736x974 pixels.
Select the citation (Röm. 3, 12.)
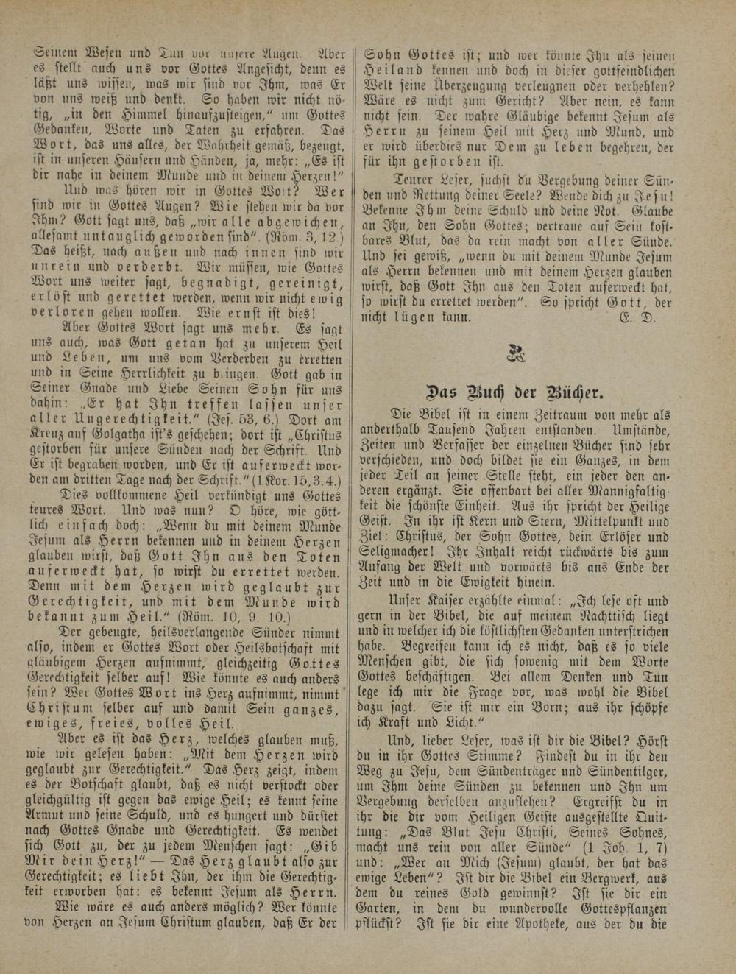[305, 237]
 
